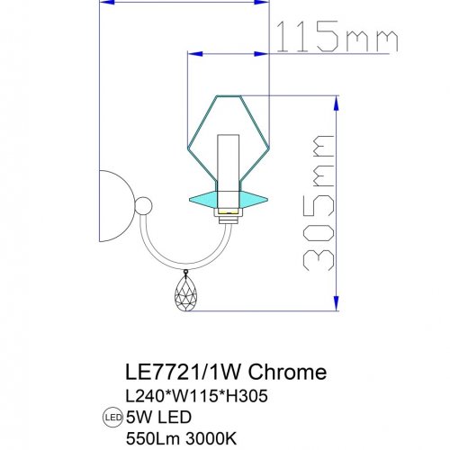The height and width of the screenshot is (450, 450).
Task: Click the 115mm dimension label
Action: [334, 39]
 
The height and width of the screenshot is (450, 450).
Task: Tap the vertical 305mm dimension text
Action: [317, 204]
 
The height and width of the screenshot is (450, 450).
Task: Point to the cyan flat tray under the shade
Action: [229, 195]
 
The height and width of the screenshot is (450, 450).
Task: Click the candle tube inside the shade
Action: [229, 162]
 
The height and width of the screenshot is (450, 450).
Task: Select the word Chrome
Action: [287, 371]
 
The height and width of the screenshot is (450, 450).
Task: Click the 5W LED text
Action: [159, 416]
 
